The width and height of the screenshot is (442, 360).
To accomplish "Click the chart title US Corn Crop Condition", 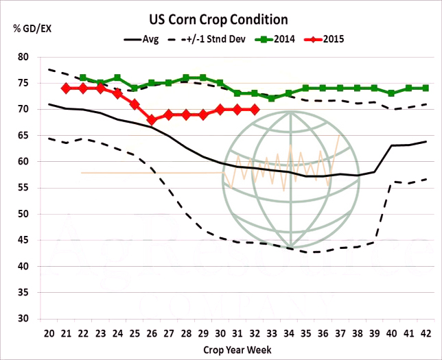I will [x=218, y=20].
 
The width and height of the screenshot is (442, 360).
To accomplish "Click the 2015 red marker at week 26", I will [x=152, y=119].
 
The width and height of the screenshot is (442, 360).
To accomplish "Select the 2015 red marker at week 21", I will [x=66, y=88].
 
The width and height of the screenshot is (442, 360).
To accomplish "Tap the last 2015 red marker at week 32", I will [x=255, y=109].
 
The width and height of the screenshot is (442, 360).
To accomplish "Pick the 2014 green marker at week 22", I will [x=83, y=77].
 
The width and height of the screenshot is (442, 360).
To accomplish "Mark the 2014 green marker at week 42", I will [x=426, y=88].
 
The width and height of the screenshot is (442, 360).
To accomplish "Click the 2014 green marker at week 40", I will [x=392, y=93].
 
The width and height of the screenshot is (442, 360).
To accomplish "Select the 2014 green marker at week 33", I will [x=272, y=98].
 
